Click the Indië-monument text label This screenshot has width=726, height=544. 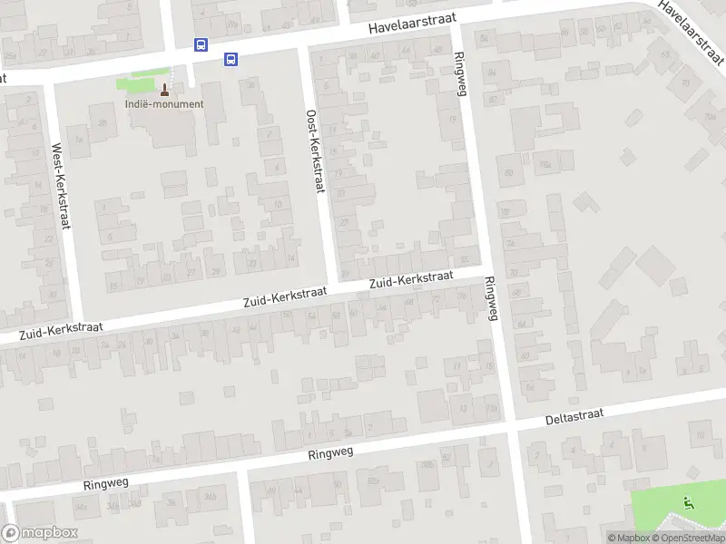tap(164, 103)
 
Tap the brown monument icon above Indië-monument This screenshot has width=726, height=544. tap(165, 89)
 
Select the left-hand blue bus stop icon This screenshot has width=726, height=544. tap(201, 44)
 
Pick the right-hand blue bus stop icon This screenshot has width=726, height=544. tap(231, 60)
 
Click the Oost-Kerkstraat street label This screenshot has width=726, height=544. tap(314, 151)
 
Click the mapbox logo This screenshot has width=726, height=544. tap(40, 533)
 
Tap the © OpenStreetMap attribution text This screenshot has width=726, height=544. tap(688, 538)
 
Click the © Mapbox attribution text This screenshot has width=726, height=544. tap(628, 538)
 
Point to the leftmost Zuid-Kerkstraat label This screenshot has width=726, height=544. tap(61, 331)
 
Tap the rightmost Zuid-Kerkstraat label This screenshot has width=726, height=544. tap(411, 281)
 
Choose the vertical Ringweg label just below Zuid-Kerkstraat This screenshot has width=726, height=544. tap(492, 298)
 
